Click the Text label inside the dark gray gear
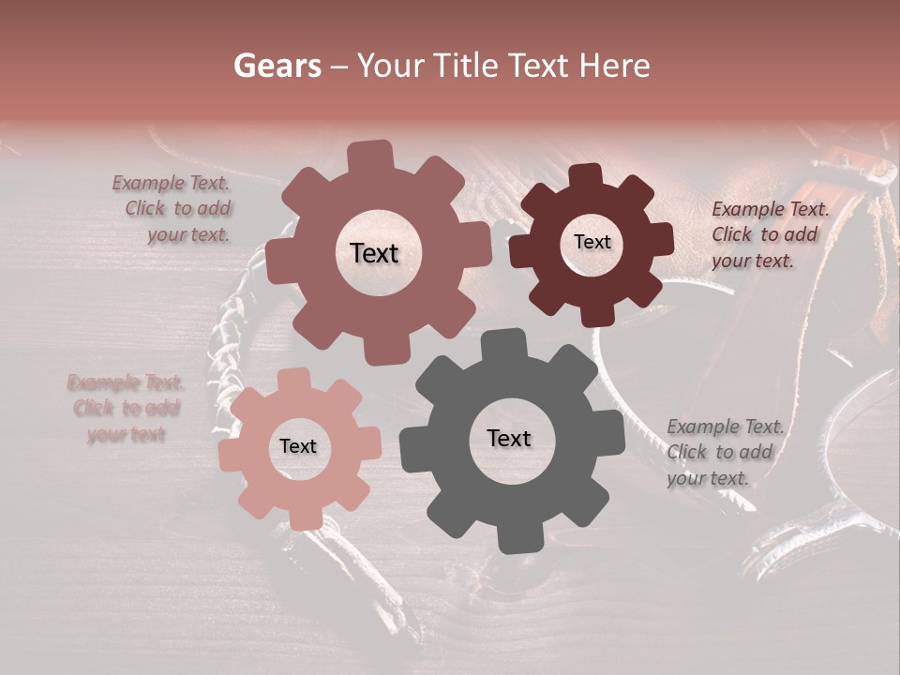tap(509, 439)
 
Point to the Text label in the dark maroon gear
tap(592, 242)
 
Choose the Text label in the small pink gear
tap(298, 447)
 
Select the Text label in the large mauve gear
tap(374, 253)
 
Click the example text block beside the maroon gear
tap(770, 235)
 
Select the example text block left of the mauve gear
tap(172, 209)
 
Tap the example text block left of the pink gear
tap(126, 409)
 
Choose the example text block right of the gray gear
tap(725, 453)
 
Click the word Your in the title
tap(386, 66)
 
